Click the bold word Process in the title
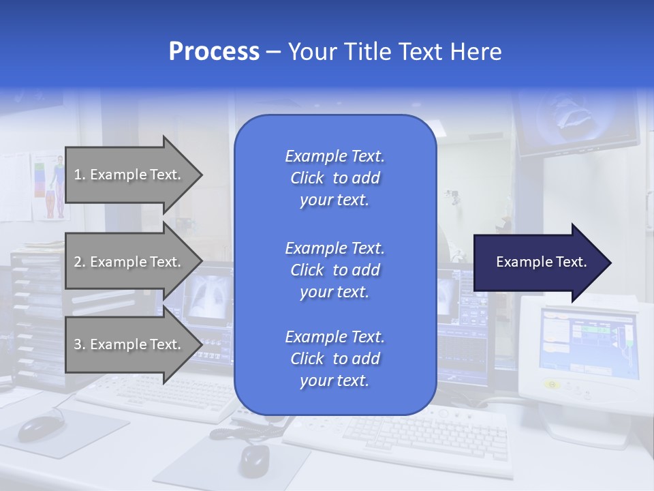click(213, 51)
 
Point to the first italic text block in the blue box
click(334, 178)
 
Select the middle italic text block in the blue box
click(334, 269)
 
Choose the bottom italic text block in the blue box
click(334, 359)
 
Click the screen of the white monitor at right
click(587, 344)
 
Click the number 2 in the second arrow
click(78, 262)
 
